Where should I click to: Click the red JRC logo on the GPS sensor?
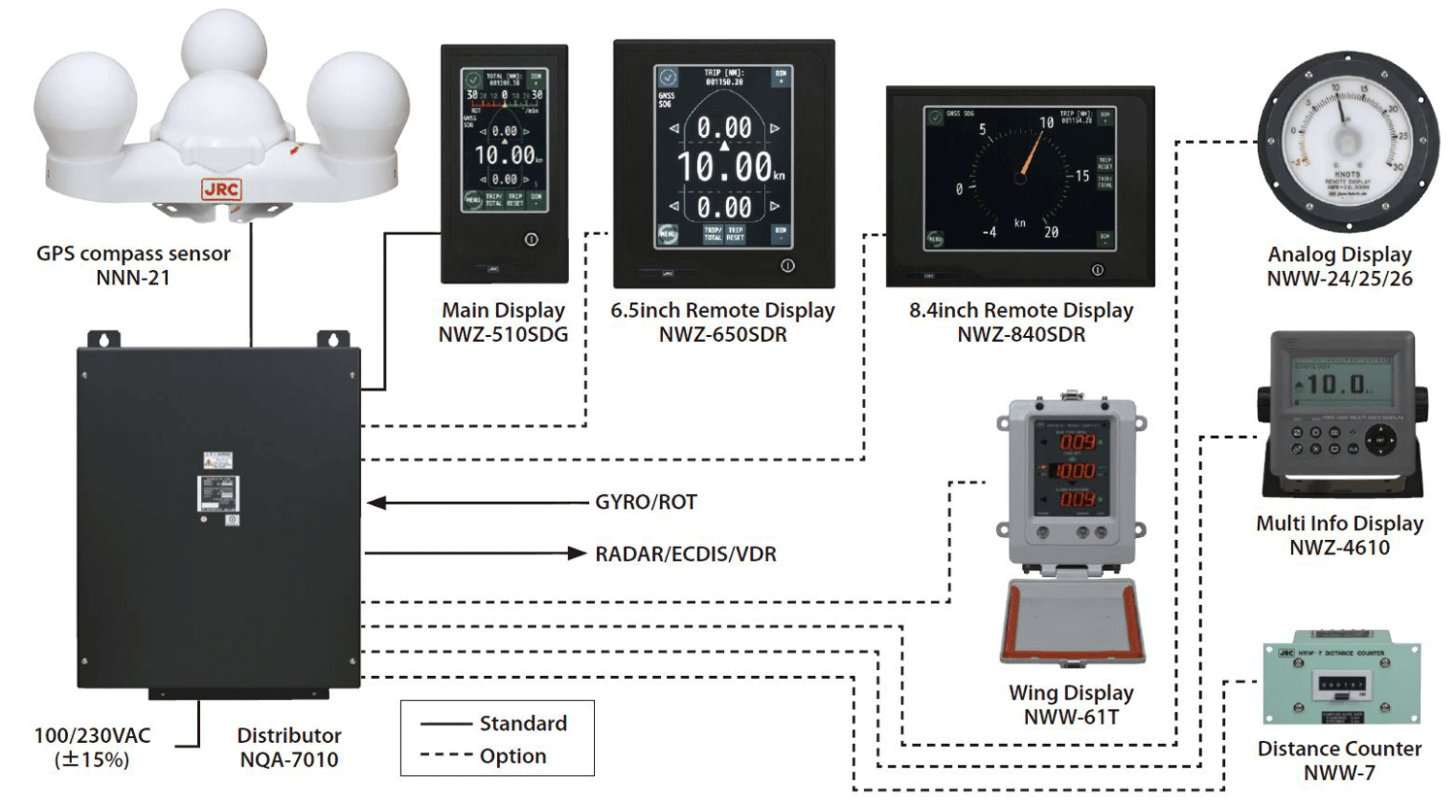pyautogui.click(x=221, y=189)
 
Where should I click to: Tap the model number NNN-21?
pyautogui.click(x=133, y=278)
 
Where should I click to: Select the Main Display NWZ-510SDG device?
pyautogui.click(x=504, y=162)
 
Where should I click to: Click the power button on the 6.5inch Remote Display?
pyautogui.click(x=787, y=265)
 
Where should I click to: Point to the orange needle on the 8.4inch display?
pyautogui.click(x=1032, y=155)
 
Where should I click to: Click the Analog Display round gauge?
pyautogui.click(x=1346, y=143)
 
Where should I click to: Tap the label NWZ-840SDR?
pyautogui.click(x=1021, y=335)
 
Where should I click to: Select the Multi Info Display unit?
pyautogui.click(x=1341, y=412)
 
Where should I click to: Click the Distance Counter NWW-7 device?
pyautogui.click(x=1340, y=682)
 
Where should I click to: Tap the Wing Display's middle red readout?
pyautogui.click(x=1076, y=471)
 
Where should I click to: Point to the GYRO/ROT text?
pyautogui.click(x=645, y=502)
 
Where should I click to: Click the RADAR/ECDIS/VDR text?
pyautogui.click(x=685, y=555)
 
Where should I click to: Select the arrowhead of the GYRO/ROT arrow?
pyautogui.click(x=377, y=503)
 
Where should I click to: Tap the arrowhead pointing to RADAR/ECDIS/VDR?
pyautogui.click(x=577, y=554)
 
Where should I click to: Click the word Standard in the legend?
pyautogui.click(x=523, y=723)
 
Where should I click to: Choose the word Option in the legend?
pyautogui.click(x=513, y=757)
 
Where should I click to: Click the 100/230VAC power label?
pyautogui.click(x=92, y=736)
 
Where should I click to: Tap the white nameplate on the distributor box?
pyautogui.click(x=217, y=492)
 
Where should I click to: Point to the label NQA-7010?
pyautogui.click(x=289, y=760)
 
